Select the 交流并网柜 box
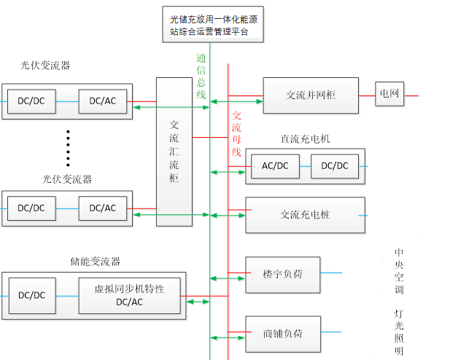[311, 95]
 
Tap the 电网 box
[390, 94]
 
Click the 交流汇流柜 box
[174, 152]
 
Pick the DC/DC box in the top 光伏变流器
[31, 101]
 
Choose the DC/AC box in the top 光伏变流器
[102, 101]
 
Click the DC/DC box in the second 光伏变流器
[31, 208]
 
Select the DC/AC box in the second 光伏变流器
[102, 208]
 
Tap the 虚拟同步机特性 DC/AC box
[129, 295]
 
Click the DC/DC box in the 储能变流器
[31, 295]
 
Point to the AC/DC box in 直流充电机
[275, 166]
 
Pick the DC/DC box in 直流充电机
[335, 166]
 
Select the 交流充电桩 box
[305, 215]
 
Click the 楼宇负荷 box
[283, 274]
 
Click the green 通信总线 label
[201, 76]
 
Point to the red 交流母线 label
[236, 134]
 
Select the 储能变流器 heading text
[95, 262]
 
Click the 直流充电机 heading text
[305, 138]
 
